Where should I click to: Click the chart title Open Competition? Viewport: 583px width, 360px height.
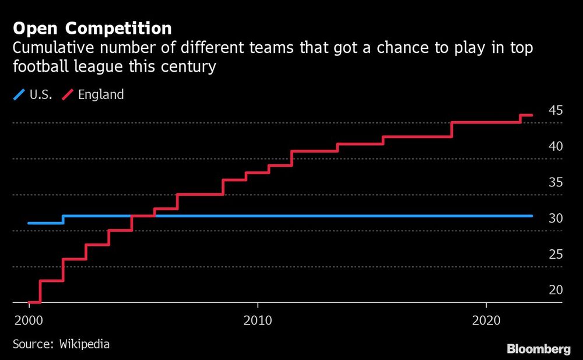tap(92, 29)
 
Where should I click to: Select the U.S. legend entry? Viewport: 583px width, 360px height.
tap(34, 94)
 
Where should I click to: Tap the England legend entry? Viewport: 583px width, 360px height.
tap(96, 94)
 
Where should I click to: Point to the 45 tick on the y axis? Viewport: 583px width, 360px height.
tap(555, 110)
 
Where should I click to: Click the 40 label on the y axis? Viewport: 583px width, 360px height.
tap(555, 146)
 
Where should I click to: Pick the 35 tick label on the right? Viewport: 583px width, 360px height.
tap(555, 182)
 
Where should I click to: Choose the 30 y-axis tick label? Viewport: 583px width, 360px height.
tap(555, 218)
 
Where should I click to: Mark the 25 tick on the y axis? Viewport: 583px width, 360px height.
tap(555, 255)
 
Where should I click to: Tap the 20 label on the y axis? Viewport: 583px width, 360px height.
tap(555, 290)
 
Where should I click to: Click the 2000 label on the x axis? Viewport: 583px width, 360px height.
tap(28, 321)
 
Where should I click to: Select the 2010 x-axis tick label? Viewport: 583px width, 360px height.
tap(257, 321)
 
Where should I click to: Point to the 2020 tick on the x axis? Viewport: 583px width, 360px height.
tap(486, 321)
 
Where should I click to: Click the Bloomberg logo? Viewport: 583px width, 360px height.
tap(538, 349)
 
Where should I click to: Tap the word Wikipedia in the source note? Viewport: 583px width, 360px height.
tap(85, 344)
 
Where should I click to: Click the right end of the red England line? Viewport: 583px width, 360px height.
tap(532, 115)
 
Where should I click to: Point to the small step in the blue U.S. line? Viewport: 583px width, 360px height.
tap(63, 220)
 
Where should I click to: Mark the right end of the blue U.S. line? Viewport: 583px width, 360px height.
tap(532, 216)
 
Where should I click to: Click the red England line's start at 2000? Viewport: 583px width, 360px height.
tap(29, 302)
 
